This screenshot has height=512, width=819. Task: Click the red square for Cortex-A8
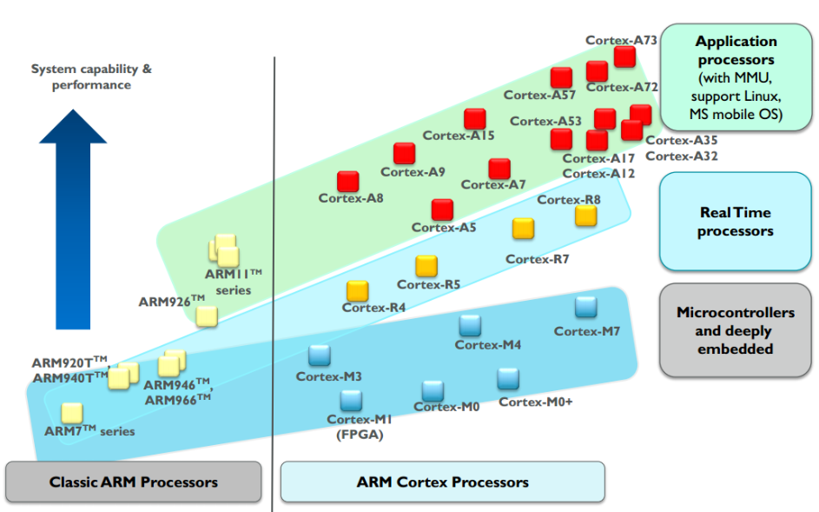click(348, 182)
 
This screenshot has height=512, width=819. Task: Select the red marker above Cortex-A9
click(404, 154)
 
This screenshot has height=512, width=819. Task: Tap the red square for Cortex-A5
click(442, 209)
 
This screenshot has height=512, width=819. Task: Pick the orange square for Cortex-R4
click(357, 291)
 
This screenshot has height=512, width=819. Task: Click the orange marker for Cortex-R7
click(523, 229)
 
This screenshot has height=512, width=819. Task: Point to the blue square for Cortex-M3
click(320, 356)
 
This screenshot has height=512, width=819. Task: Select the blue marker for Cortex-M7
click(586, 307)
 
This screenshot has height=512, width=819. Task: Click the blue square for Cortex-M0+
click(508, 379)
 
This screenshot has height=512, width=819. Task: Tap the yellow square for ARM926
click(207, 316)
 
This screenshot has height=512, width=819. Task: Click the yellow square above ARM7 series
click(71, 413)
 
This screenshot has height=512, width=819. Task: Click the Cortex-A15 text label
click(459, 136)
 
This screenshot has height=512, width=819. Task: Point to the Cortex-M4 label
click(488, 345)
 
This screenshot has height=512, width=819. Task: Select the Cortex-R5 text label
click(428, 284)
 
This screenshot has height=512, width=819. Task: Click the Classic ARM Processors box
click(134, 482)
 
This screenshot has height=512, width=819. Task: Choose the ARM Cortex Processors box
click(442, 482)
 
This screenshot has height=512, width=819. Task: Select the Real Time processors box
click(735, 222)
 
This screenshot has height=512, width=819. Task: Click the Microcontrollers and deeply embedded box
click(735, 330)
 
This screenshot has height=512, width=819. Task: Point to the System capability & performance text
click(91, 76)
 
